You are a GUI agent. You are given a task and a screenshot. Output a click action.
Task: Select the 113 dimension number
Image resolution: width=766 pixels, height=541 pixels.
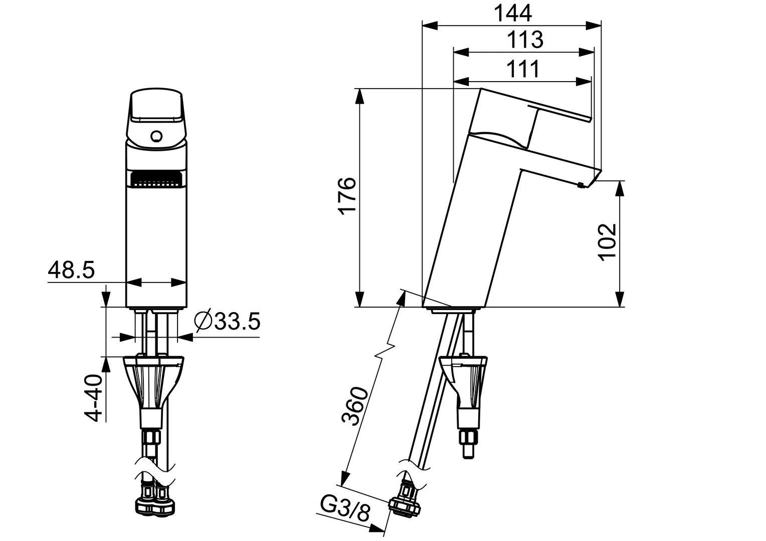[524, 40]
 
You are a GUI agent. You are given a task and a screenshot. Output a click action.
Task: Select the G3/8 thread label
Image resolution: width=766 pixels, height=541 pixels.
[345, 511]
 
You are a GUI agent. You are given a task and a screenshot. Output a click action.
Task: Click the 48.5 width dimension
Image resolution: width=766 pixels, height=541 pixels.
[71, 270]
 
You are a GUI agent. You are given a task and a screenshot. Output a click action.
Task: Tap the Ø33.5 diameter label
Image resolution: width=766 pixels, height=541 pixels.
[227, 321]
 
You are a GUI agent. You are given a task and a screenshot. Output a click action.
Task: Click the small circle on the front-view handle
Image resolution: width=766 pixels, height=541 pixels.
[156, 136]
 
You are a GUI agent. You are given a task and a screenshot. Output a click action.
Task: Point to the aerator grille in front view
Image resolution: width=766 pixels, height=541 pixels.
[155, 178]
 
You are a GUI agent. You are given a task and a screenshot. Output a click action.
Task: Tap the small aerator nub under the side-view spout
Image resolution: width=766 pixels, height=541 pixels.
[581, 185]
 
